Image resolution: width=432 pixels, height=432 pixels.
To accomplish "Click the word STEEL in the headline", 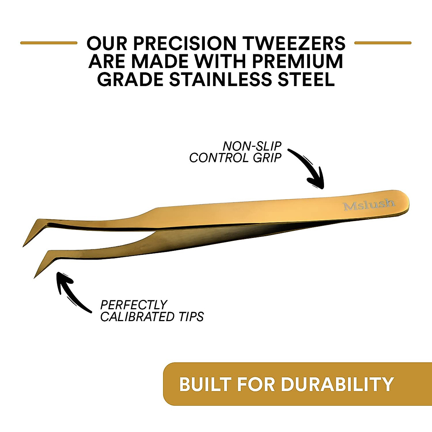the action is tap(306, 79).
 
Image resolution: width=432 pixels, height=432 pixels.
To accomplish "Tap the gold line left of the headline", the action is tap(49, 43).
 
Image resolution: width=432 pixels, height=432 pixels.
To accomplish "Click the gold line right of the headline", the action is tap(383, 43).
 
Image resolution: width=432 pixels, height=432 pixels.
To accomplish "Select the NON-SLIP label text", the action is tap(252, 147).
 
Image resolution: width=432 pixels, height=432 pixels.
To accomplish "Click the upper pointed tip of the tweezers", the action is tap(23, 246).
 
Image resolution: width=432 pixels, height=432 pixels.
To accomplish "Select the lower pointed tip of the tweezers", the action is tap(34, 278).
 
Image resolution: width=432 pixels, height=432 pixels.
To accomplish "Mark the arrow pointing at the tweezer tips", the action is tap(70, 292).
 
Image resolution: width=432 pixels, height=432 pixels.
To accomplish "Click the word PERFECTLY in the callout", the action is tap(134, 305).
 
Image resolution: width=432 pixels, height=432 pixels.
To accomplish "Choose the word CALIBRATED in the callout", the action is tap(137, 316).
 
